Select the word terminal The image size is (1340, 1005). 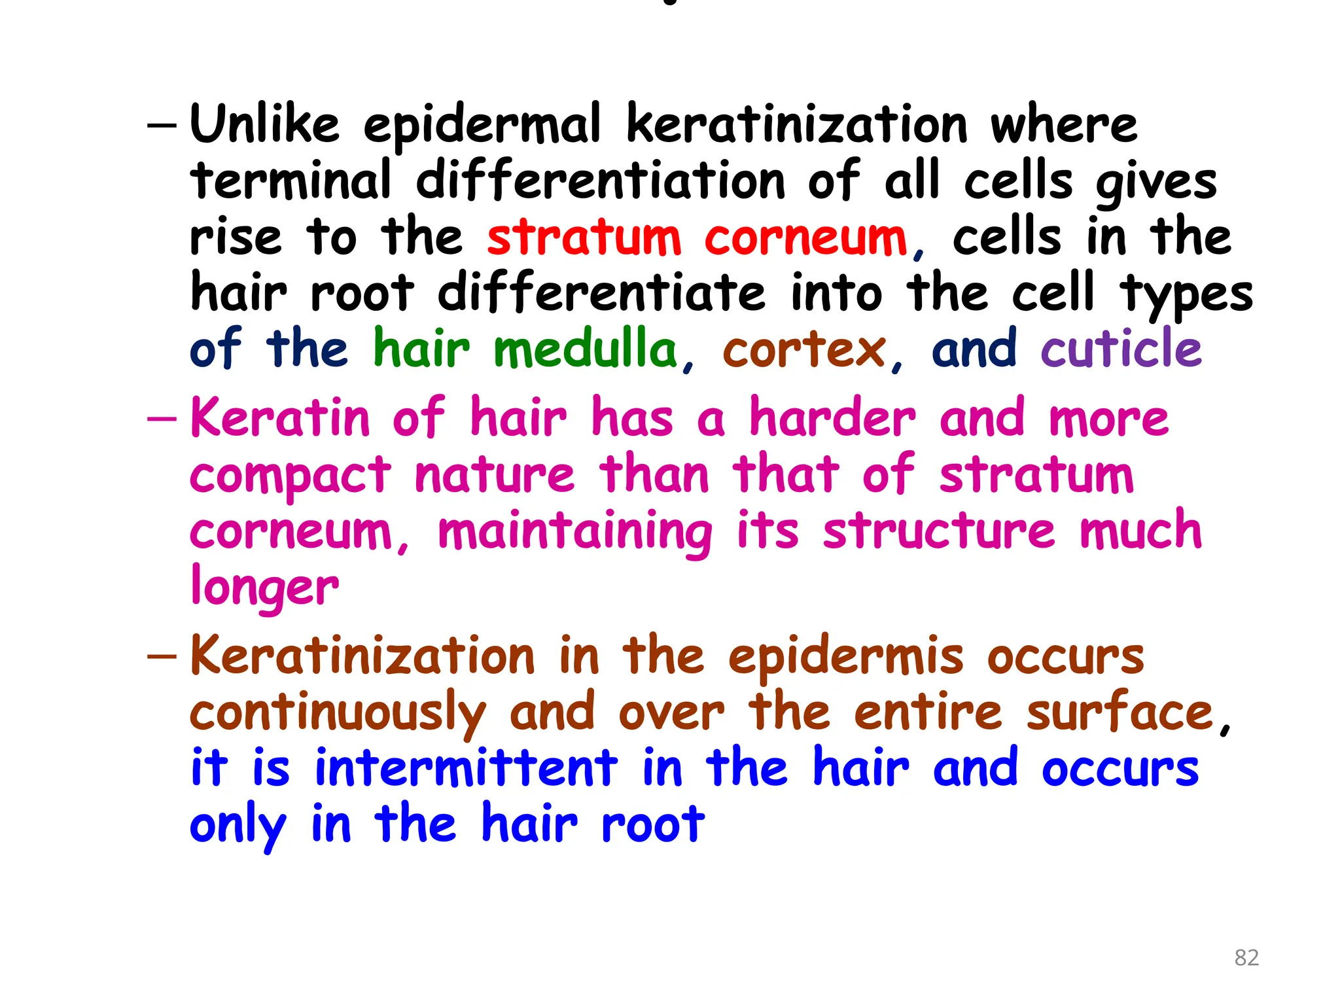[x=291, y=181]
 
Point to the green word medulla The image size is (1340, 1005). [x=585, y=349]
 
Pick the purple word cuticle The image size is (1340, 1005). [x=1121, y=349]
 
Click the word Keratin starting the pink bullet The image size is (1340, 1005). [x=280, y=419]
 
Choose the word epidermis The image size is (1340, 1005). [x=846, y=658]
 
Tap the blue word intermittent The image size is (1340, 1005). [x=466, y=769]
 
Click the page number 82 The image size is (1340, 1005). [x=1246, y=958]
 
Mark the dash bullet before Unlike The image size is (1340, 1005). [x=162, y=125]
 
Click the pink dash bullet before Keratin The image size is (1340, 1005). [x=162, y=419]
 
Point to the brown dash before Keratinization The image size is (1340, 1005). [x=162, y=657]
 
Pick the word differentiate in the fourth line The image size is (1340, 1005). [x=601, y=293]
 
